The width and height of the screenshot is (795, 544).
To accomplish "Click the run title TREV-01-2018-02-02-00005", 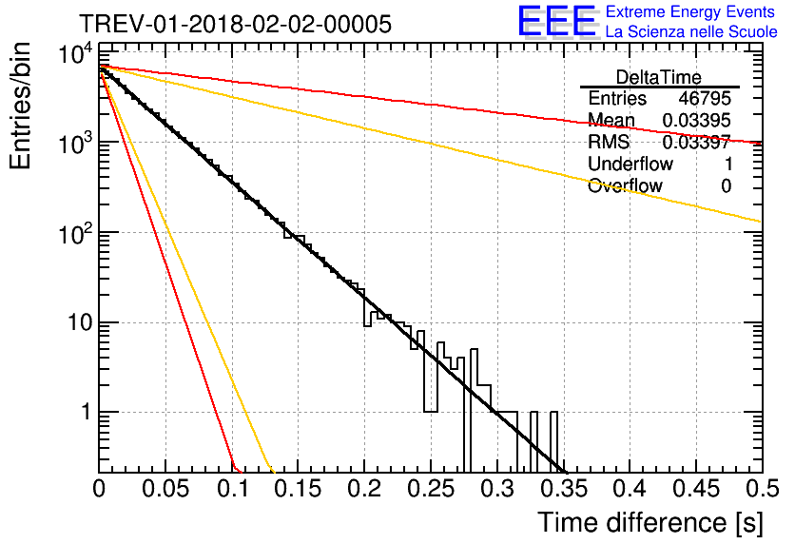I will [x=234, y=25].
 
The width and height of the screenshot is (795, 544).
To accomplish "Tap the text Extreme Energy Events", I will [x=691, y=12].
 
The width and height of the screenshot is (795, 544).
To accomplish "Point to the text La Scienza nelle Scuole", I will [x=691, y=32].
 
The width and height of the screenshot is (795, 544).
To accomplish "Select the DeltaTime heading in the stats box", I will [x=659, y=77].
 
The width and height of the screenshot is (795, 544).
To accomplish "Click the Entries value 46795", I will [x=705, y=99].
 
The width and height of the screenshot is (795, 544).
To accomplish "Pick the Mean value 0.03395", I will [x=697, y=121].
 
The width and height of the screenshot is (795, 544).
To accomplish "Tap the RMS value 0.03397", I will [x=697, y=143].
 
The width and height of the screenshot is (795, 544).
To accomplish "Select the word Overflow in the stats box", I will [x=624, y=186].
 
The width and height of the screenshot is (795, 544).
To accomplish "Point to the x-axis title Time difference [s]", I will [x=648, y=522].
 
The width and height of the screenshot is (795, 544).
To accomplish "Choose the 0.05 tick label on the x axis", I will [x=165, y=490].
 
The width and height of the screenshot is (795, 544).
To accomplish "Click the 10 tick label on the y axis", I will [x=72, y=323].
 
